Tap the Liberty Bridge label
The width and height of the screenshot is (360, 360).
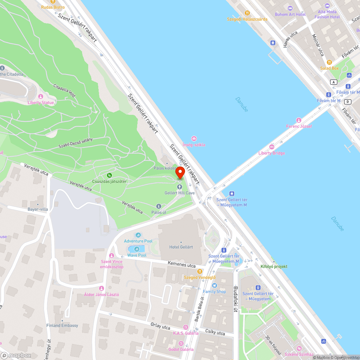click(271, 153)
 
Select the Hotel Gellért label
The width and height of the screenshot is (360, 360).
click(181, 247)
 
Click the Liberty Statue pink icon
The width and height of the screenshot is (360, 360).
click(40, 96)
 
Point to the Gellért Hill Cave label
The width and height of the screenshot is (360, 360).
click(180, 193)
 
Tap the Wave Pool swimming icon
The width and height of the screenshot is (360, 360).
click(137, 249)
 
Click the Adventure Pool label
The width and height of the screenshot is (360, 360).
click(138, 241)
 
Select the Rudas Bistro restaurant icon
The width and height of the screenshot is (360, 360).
click(53, 2)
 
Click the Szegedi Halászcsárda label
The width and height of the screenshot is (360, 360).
click(247, 19)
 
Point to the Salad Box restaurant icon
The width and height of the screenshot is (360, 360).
click(329, 62)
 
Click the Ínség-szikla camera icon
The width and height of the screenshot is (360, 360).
click(194, 139)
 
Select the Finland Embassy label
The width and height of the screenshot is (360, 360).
click(62, 325)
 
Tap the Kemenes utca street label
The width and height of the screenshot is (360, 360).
click(181, 265)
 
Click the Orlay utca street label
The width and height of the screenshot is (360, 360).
click(160, 327)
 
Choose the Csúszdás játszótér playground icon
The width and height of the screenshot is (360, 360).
click(109, 175)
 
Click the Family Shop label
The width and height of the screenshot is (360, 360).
click(214, 291)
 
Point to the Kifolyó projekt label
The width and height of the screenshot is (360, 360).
click(274, 266)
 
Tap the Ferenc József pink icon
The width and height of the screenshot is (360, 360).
click(298, 120)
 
